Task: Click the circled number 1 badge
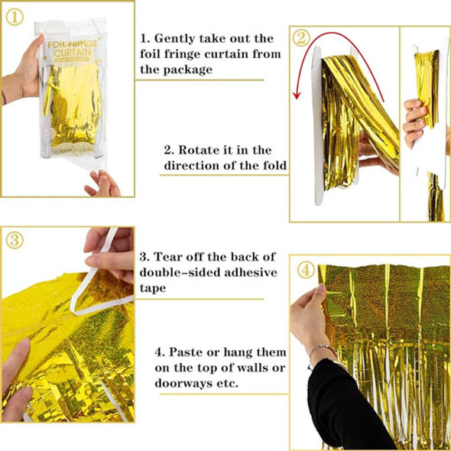(x=15, y=18)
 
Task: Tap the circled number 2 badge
(x=301, y=38)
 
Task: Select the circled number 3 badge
(x=15, y=241)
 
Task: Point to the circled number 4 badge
(x=306, y=270)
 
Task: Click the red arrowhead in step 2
(x=297, y=96)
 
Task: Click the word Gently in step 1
(x=174, y=39)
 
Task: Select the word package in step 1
(x=188, y=70)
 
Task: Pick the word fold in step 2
(x=275, y=165)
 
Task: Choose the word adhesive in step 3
(x=251, y=272)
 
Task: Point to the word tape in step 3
(x=153, y=288)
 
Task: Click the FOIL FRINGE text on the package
(x=73, y=44)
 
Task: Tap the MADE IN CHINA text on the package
(x=76, y=150)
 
